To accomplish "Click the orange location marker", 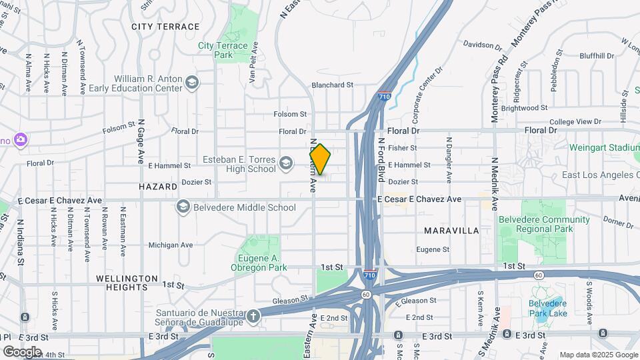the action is point(320,159).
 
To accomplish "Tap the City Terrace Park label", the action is point(223,50).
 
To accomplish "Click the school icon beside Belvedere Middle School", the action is point(183,207).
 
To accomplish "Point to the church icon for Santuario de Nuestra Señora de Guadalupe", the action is point(253,317).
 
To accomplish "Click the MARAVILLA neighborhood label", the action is point(451,230).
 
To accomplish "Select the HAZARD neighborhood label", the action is point(159,187).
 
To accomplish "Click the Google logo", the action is point(22,351).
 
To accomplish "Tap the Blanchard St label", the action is point(332,85).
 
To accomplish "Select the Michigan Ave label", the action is point(171,245).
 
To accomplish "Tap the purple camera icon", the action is point(21,139).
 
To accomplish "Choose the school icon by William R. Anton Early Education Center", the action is point(192,83).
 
